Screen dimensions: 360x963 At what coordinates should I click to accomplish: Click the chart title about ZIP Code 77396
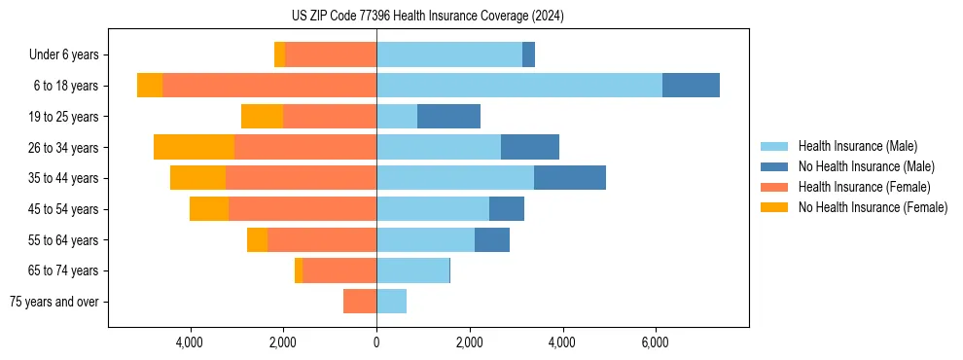[427, 17]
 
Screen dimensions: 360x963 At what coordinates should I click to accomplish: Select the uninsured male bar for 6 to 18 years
[691, 86]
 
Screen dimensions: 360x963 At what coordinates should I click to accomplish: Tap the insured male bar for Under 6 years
[448, 54]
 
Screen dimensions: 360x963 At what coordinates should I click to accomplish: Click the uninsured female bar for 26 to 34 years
[194, 147]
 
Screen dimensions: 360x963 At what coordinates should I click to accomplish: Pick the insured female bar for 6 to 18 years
[269, 86]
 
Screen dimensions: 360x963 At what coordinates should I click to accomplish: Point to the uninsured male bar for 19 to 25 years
[448, 117]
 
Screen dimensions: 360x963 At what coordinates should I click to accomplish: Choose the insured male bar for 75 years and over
[391, 302]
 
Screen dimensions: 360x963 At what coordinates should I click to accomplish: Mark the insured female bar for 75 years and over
[360, 302]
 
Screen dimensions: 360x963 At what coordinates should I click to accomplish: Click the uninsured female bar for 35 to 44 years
[197, 178]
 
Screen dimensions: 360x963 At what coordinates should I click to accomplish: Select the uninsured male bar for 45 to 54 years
[506, 209]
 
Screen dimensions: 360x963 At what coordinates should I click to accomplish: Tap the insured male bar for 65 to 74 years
[412, 270]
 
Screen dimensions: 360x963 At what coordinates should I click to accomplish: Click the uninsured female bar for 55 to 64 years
[257, 240]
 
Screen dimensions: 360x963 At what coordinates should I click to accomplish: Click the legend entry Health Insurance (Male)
[856, 146]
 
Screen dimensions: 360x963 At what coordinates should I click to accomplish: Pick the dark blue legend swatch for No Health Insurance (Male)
[774, 166]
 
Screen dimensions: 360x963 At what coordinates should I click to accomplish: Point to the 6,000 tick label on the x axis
[655, 343]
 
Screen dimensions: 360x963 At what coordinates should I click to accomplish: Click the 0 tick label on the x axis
[376, 343]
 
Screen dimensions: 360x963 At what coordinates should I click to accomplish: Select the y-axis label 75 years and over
[53, 302]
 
